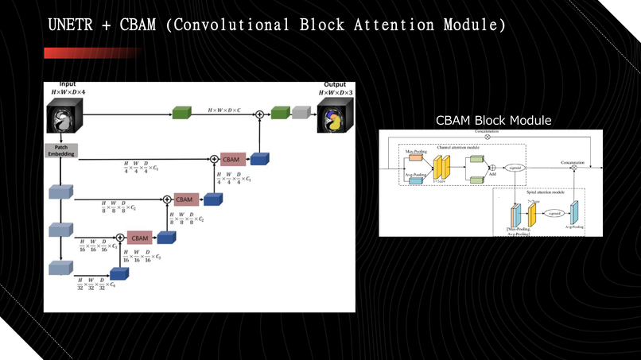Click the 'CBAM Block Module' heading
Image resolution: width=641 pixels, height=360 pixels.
[x=493, y=120]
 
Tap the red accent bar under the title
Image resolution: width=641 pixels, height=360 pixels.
[x=91, y=53]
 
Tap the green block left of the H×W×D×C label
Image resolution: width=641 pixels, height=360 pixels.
[x=182, y=114]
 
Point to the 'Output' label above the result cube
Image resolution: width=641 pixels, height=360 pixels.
[x=335, y=84]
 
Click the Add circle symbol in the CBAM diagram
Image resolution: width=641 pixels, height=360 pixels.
[x=493, y=168]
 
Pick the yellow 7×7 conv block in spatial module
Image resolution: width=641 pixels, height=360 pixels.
[x=533, y=215]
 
